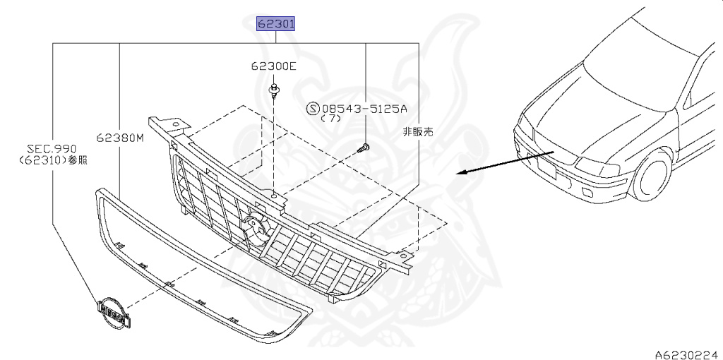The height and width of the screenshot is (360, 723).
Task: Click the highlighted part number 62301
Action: tap(275, 25)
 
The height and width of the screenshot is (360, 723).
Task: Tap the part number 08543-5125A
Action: tap(365, 109)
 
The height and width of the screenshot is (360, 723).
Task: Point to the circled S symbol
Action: tap(313, 109)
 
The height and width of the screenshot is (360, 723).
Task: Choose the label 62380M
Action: tap(121, 138)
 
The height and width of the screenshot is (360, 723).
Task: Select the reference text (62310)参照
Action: tap(53, 160)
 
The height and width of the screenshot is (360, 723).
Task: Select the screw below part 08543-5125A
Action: tap(364, 148)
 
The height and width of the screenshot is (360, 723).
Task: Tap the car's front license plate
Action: tap(548, 169)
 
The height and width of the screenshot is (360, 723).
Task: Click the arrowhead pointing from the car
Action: tap(460, 172)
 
